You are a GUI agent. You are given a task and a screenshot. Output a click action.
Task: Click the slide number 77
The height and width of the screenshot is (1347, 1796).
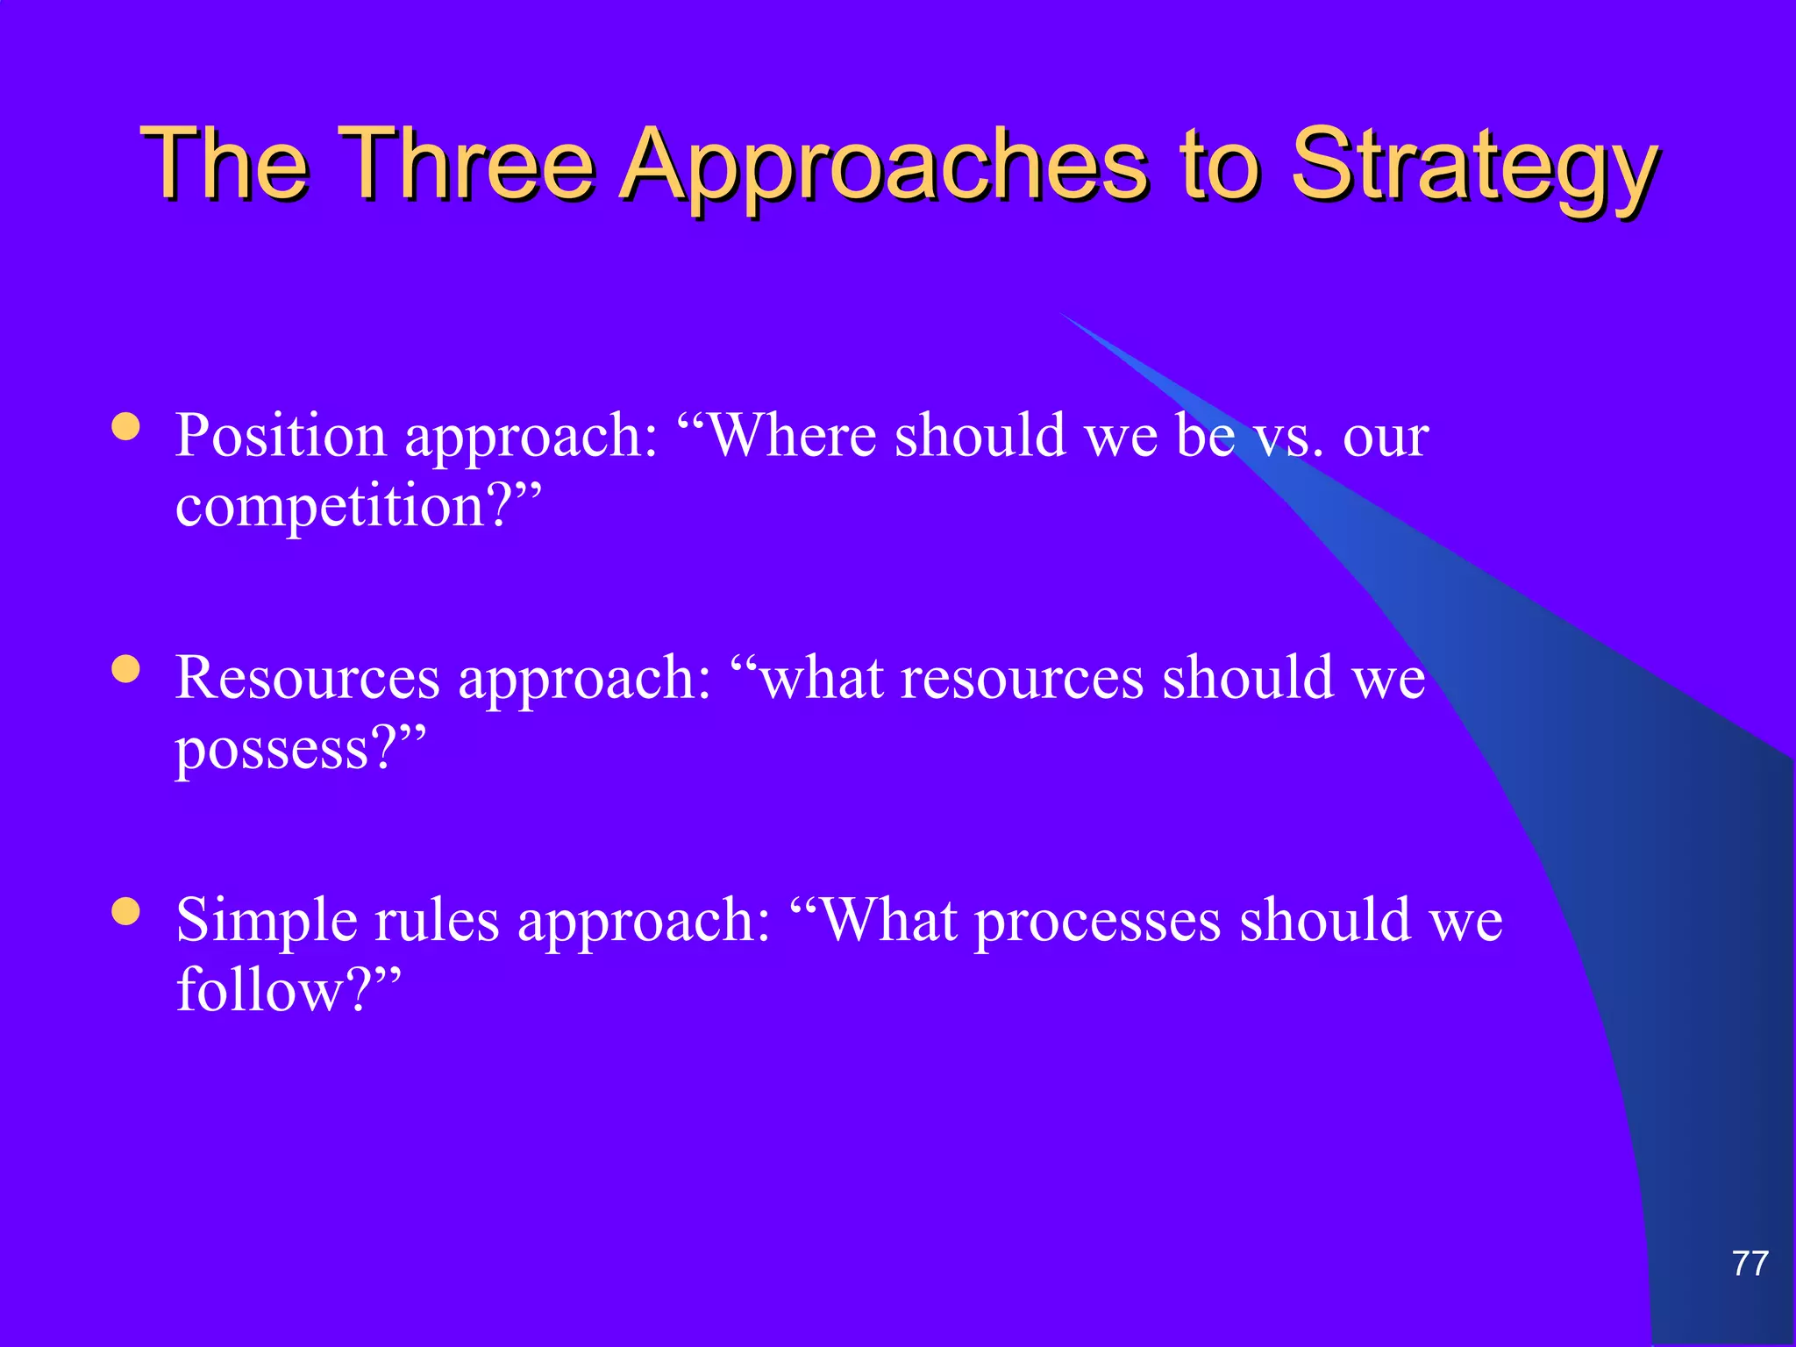(x=1750, y=1264)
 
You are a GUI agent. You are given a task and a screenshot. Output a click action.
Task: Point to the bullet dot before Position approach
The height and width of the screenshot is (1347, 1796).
(x=126, y=427)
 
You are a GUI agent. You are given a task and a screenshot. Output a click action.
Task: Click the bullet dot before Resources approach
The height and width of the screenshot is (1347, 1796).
(x=126, y=670)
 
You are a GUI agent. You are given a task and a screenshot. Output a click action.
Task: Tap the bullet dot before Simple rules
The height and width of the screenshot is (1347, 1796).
(x=126, y=912)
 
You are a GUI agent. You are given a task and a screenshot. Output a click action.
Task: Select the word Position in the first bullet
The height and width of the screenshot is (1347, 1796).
(x=281, y=436)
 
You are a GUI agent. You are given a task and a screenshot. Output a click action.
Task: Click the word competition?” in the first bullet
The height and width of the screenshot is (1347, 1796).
(x=359, y=506)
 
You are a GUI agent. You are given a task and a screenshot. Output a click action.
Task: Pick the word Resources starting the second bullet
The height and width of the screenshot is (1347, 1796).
(x=307, y=678)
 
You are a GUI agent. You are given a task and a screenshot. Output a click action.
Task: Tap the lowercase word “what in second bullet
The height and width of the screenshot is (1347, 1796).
(x=807, y=678)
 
